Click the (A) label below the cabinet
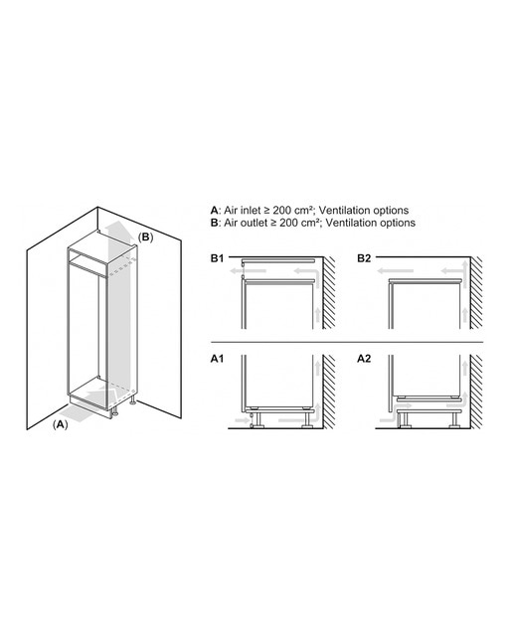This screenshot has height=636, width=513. (x=61, y=424)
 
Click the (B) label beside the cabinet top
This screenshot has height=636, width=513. (x=146, y=238)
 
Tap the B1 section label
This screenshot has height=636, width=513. (x=217, y=258)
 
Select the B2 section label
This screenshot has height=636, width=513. (x=364, y=258)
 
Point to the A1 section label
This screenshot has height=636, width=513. (x=217, y=359)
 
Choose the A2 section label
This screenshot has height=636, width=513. (x=364, y=359)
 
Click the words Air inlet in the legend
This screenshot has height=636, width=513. (x=243, y=210)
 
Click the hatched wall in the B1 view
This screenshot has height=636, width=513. (x=329, y=292)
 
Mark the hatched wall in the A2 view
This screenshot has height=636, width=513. (x=476, y=392)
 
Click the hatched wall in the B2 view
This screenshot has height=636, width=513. (x=476, y=292)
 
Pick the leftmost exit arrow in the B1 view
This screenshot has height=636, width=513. (x=248, y=270)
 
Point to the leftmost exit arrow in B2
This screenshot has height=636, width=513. (x=395, y=270)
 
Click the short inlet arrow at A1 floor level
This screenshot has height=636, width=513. (x=243, y=420)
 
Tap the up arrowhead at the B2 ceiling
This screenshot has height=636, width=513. (x=464, y=262)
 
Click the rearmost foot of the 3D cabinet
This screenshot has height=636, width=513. (x=132, y=400)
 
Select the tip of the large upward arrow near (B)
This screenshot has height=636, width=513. (x=117, y=221)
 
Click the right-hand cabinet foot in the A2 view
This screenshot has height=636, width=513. (x=453, y=420)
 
